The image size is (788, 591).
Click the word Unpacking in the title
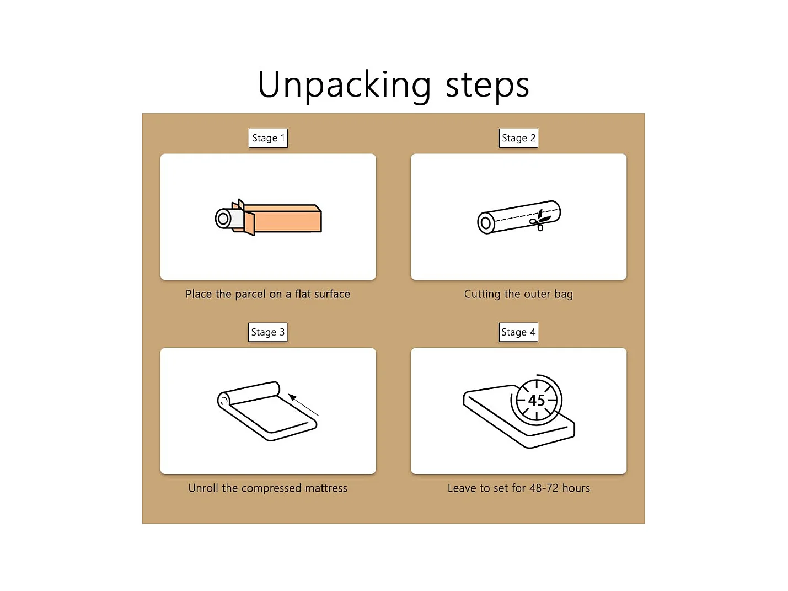pos(344,85)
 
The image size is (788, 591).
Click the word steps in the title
pos(487,86)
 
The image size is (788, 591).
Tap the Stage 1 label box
pos(268,138)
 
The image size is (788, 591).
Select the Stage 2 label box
pos(518,138)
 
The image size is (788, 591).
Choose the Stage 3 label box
pos(268,332)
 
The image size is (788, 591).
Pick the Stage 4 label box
pos(518,332)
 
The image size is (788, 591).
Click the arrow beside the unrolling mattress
pos(304,405)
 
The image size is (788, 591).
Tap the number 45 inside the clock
pos(537,400)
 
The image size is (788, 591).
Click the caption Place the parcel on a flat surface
pos(268,294)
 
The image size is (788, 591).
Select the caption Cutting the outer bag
pos(518,294)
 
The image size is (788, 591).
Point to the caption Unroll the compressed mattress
pos(268,488)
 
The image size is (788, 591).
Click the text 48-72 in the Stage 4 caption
pos(544,488)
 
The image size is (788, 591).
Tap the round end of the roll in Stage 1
pos(223,219)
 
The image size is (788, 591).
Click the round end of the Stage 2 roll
pos(486,223)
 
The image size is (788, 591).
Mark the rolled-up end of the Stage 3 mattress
pos(223,400)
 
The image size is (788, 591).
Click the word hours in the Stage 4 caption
pos(576,488)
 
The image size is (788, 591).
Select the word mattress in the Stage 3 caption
pos(326,488)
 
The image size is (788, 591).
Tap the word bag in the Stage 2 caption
pos(564,295)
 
